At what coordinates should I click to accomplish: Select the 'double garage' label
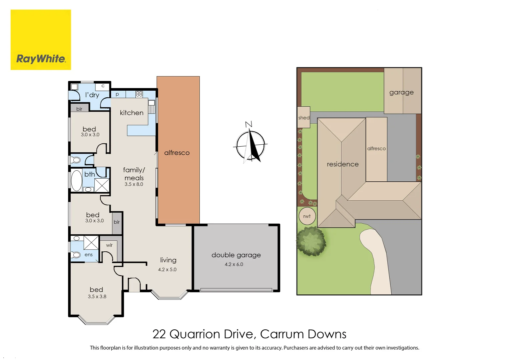pos(236,255)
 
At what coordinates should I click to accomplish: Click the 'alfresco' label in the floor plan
pos(177,153)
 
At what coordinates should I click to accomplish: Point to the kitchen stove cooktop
pos(139,94)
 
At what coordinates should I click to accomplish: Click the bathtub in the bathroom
pos(76,181)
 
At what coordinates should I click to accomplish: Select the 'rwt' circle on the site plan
pos(307,216)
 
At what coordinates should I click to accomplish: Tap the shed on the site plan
pos(304,117)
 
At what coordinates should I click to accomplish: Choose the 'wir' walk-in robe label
pos(109,245)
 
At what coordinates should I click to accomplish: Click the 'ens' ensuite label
pos(88,255)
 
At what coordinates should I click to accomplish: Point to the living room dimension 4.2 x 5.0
pos(167,269)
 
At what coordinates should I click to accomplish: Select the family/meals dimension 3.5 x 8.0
pos(134,184)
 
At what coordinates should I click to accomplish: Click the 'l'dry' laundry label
pos(92,95)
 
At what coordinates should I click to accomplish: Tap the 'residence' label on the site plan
pos(343,164)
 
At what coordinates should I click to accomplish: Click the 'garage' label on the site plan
pos(401,92)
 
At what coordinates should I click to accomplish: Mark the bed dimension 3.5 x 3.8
pos(97,296)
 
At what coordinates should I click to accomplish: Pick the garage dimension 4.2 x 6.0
pos(234,264)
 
